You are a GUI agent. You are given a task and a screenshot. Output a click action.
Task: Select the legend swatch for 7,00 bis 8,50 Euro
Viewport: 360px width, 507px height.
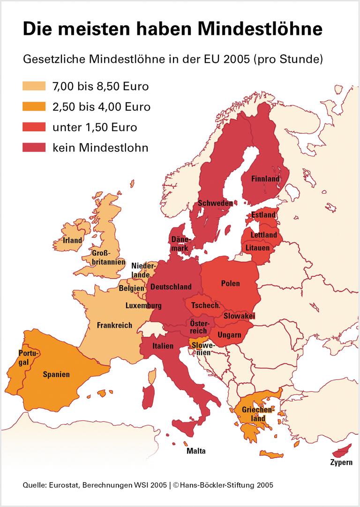[34, 86]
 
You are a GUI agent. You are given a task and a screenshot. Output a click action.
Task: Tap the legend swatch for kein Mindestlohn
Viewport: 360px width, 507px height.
[34, 148]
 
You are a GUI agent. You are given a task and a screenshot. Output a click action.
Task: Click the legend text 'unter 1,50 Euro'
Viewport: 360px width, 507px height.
[95, 127]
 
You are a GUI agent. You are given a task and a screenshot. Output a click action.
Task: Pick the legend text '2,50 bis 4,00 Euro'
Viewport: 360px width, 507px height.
[101, 107]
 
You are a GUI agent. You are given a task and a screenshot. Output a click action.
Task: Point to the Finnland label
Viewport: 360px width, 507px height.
[265, 179]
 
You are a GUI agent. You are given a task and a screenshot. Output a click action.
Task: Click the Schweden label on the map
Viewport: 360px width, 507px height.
[216, 204]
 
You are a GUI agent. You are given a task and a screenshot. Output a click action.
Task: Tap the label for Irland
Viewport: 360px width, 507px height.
[73, 241]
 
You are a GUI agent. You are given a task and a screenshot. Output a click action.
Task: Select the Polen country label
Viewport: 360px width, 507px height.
[230, 283]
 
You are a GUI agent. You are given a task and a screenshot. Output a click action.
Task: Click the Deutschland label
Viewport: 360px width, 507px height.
[171, 287]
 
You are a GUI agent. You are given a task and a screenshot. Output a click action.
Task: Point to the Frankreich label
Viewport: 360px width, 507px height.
[114, 325]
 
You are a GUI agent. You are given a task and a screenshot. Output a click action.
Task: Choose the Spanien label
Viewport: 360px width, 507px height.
[56, 374]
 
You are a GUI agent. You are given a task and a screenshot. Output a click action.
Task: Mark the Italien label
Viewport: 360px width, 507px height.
[164, 346]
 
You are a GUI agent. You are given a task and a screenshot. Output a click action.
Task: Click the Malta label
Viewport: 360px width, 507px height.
[196, 451]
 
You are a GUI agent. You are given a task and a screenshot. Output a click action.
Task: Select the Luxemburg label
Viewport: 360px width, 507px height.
[143, 305]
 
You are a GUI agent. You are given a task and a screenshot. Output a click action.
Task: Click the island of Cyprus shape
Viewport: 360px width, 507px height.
[342, 451]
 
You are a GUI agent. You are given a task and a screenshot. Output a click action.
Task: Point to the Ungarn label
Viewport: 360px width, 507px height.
[229, 335]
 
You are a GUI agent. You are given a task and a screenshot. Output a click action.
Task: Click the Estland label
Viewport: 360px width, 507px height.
[263, 215]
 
